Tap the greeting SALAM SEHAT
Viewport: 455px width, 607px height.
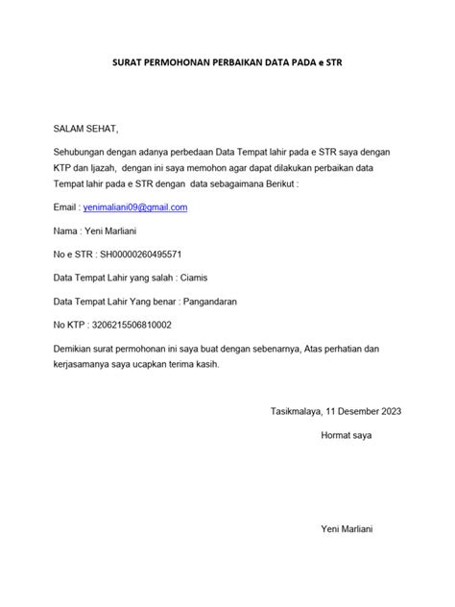[85, 129]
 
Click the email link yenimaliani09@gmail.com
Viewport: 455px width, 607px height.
[135, 207]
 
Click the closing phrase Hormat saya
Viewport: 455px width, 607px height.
[346, 435]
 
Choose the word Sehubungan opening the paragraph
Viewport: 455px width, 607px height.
[83, 153]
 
